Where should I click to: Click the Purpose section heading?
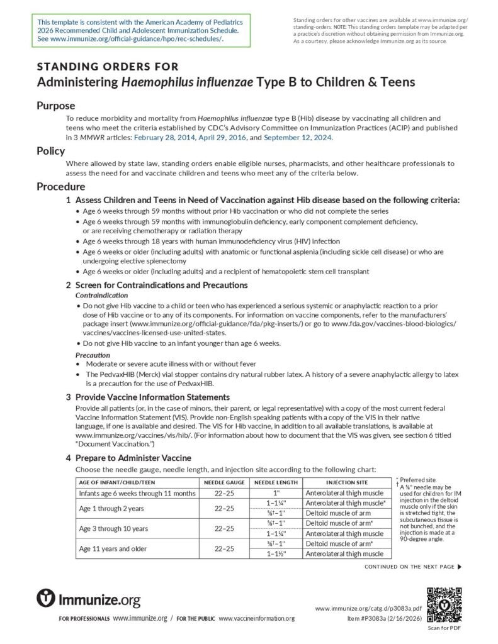(55, 106)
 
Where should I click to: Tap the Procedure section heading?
(60, 186)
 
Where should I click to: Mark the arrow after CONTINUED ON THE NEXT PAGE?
(460, 567)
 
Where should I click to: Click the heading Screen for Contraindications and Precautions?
(161, 285)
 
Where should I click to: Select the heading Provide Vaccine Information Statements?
(152, 397)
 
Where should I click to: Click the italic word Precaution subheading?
(93, 355)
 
